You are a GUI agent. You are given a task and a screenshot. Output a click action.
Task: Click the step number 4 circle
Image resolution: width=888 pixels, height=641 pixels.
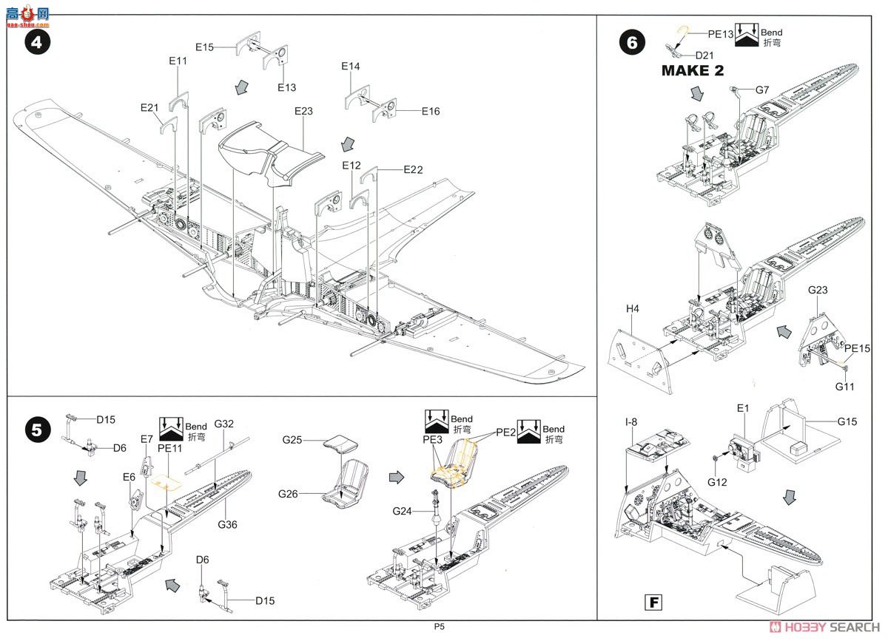(38, 42)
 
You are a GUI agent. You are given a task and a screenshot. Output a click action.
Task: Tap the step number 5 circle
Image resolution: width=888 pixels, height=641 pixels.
(38, 430)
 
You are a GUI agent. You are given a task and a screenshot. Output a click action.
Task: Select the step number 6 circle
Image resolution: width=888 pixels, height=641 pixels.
(631, 42)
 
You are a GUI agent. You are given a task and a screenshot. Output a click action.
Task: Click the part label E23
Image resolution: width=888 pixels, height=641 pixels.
(303, 112)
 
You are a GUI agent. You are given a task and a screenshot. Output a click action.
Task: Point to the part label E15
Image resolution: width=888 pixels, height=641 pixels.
(205, 47)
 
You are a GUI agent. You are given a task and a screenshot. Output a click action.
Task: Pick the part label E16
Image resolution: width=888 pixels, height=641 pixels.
(431, 112)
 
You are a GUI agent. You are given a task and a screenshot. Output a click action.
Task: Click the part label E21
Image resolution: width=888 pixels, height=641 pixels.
(150, 108)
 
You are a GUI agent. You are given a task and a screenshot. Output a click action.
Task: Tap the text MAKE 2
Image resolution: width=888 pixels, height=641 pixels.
(692, 71)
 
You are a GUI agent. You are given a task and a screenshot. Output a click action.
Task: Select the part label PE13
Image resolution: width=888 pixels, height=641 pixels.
(720, 33)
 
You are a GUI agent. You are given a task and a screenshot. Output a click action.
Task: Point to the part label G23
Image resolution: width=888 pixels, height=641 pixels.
(817, 291)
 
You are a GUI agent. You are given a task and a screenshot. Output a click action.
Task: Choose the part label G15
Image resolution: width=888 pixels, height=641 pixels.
(848, 421)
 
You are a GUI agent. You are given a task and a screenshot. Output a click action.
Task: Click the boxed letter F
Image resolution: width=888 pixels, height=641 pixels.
(653, 601)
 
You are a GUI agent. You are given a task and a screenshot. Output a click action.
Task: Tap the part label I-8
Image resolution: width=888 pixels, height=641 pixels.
(630, 422)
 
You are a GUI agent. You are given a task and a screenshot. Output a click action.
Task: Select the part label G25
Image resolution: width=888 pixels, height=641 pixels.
(293, 440)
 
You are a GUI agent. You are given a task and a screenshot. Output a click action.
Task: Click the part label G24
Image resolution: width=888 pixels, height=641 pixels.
(403, 511)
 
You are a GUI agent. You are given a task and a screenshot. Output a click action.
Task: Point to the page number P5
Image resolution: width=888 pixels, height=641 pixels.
(440, 626)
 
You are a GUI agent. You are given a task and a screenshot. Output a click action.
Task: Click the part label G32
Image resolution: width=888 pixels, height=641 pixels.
(224, 424)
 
